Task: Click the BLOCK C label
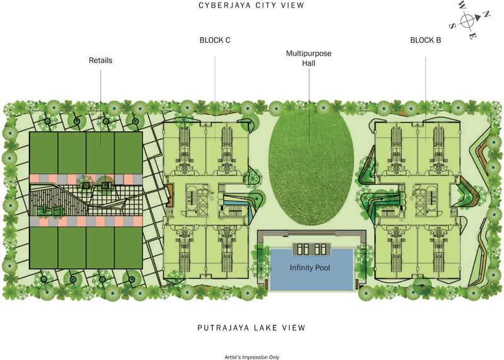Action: (215, 40)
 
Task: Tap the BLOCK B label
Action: (426, 40)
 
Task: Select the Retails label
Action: (101, 60)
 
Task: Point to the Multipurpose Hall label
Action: (309, 58)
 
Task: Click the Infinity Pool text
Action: (310, 268)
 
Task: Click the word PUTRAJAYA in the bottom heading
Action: (223, 328)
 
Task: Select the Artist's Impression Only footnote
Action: (251, 357)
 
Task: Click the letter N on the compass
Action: (487, 14)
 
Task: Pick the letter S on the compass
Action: (452, 26)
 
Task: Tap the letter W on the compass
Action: (462, 5)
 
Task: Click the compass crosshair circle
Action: (467, 21)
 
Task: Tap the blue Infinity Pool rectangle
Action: (312, 269)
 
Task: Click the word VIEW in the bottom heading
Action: (293, 328)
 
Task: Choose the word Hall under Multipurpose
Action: (309, 63)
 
